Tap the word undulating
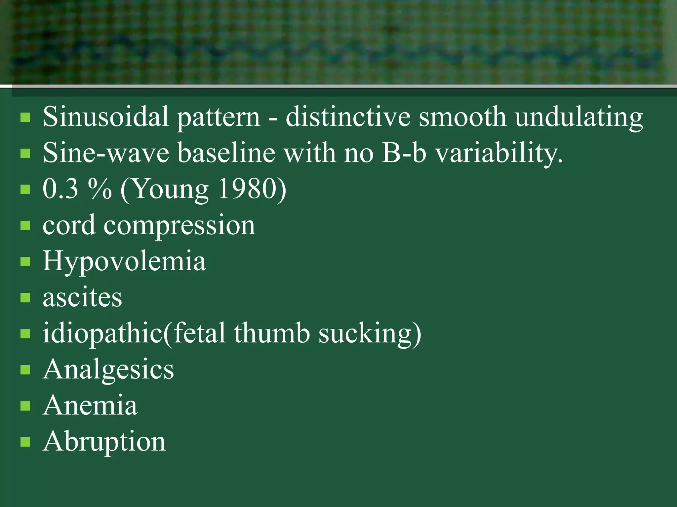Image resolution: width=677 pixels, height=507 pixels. [x=579, y=117]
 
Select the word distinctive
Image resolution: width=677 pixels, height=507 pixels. [x=348, y=117]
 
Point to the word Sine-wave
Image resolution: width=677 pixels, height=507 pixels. [x=106, y=153]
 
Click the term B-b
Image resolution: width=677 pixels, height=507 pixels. [x=404, y=153]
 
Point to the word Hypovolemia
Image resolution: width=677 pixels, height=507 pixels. [x=124, y=261]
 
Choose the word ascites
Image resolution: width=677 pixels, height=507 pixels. [x=82, y=297]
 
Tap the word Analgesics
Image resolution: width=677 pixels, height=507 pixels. [x=108, y=370]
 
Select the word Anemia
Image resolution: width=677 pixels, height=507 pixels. [x=90, y=405]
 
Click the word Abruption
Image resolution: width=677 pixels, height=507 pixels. [x=104, y=441]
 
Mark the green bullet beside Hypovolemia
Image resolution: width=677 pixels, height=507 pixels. [x=25, y=262]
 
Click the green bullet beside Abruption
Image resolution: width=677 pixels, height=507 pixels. [x=25, y=442]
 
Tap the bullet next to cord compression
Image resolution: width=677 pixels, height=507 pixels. [x=25, y=226]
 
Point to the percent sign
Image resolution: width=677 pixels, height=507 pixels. [x=100, y=189]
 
